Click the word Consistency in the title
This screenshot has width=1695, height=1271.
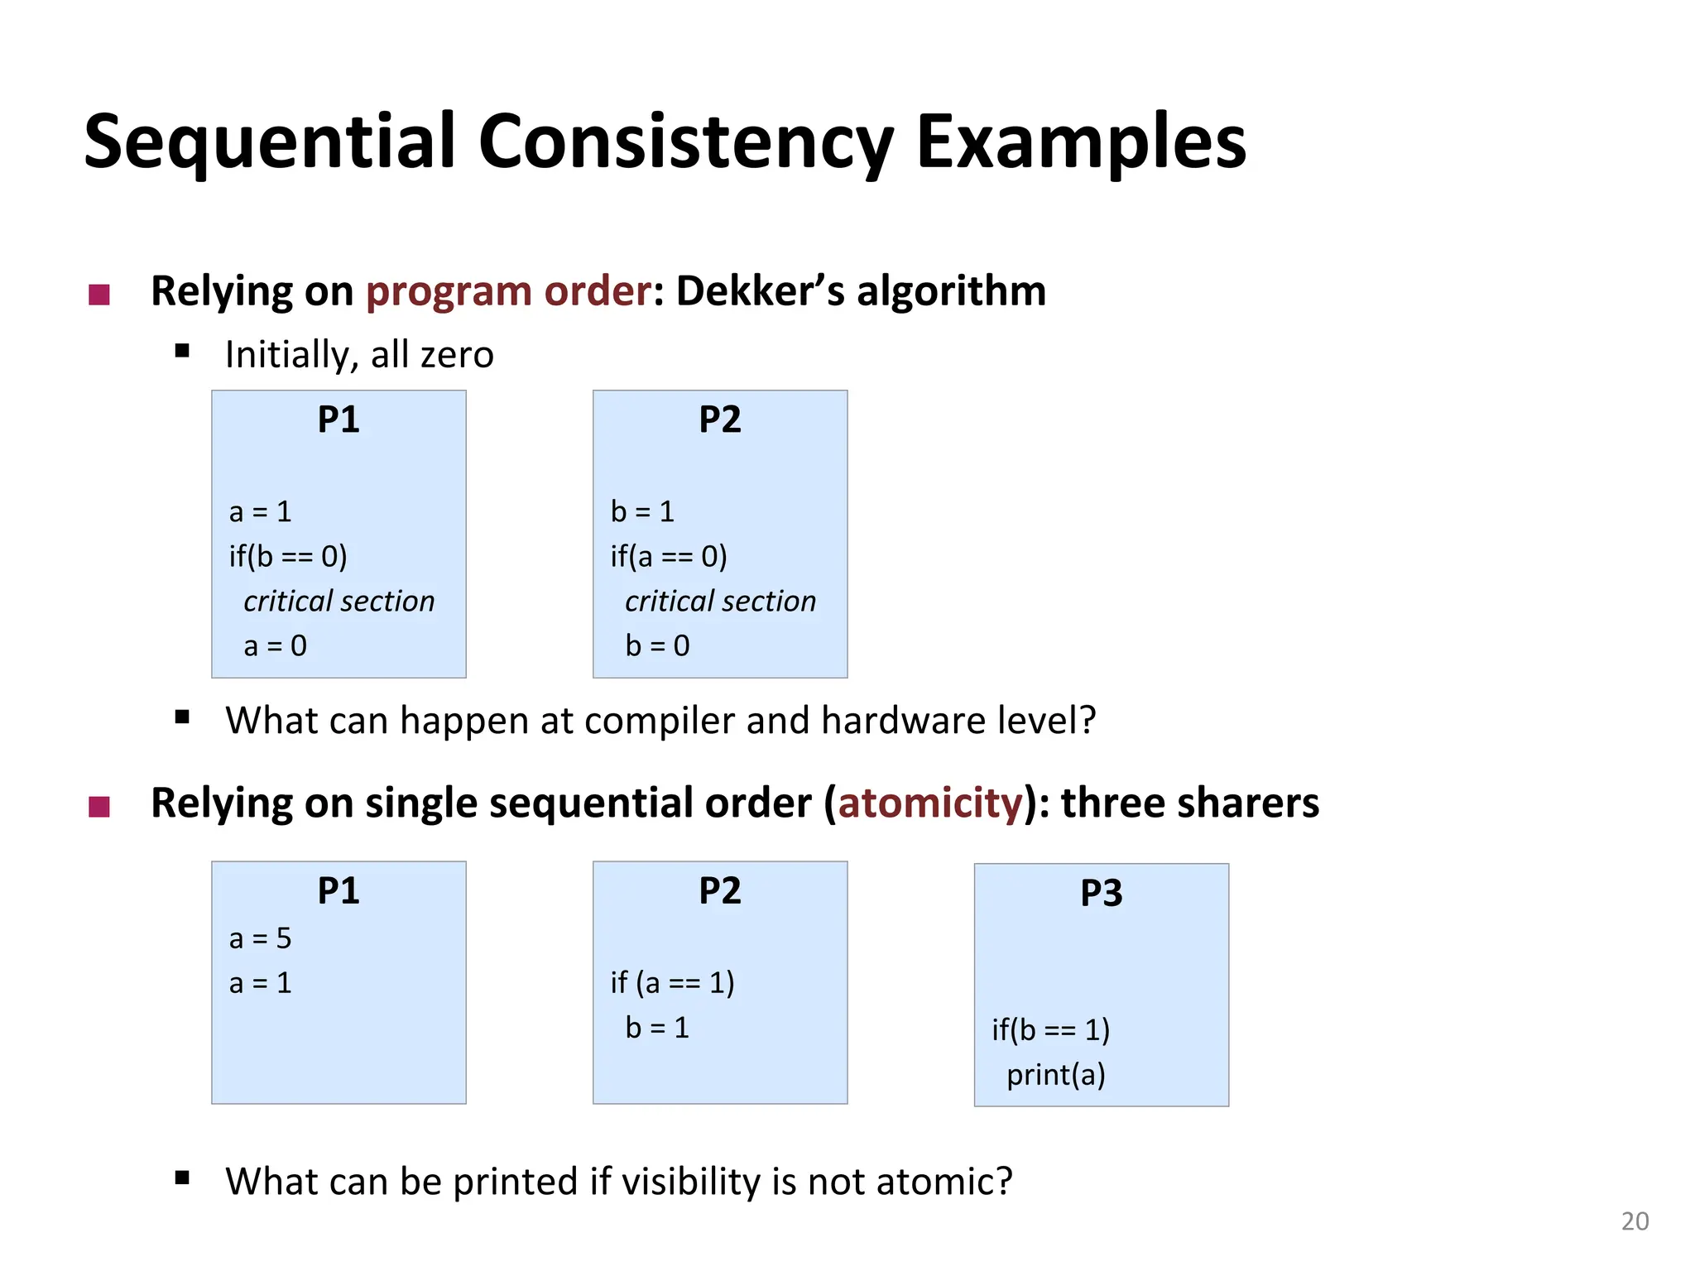coord(684,142)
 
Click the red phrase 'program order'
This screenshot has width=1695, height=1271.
coord(508,291)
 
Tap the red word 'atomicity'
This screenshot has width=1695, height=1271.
coord(930,803)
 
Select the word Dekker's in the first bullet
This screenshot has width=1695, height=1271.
coord(760,291)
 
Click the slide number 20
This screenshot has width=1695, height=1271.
coord(1634,1221)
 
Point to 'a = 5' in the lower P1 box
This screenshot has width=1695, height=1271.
coord(261,938)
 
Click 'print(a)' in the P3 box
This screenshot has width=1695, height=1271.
coord(1055,1074)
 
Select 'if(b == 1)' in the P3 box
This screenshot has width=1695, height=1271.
coord(1050,1029)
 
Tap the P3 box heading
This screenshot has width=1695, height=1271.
coord(1101,893)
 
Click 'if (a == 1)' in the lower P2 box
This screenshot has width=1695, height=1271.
coord(672,982)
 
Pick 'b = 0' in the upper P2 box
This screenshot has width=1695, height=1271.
coord(657,645)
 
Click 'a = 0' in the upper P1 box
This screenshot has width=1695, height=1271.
coord(275,645)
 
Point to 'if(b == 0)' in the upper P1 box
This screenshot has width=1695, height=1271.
coord(288,556)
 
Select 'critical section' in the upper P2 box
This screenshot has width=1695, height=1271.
coord(720,601)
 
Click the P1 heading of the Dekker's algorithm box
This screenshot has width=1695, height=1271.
coord(339,420)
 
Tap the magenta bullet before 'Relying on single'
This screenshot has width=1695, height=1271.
coord(99,806)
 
